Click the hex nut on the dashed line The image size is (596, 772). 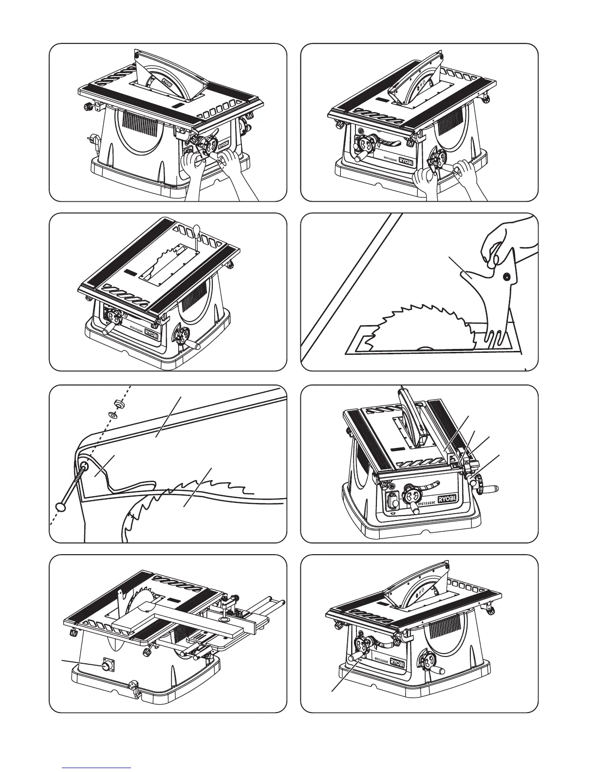pyautogui.click(x=117, y=404)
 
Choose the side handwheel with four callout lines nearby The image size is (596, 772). pyautogui.click(x=483, y=480)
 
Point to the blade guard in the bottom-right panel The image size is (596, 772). pyautogui.click(x=419, y=590)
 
